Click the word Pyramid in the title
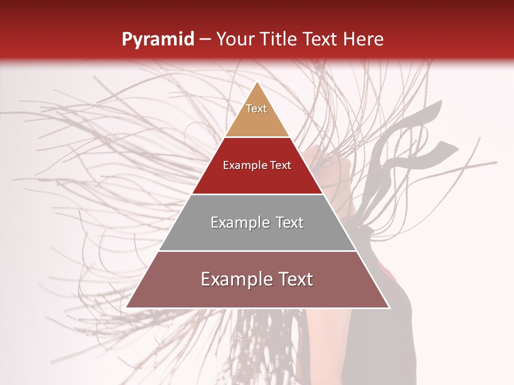pyautogui.click(x=157, y=40)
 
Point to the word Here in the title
pyautogui.click(x=364, y=40)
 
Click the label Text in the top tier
pyautogui.click(x=256, y=109)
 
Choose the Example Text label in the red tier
pyautogui.click(x=257, y=165)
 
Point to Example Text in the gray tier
pyautogui.click(x=257, y=222)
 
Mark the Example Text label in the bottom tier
pyautogui.click(x=257, y=279)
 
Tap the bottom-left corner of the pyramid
pyautogui.click(x=127, y=307)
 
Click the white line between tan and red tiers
pyautogui.click(x=257, y=137)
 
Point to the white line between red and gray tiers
pyautogui.click(x=257, y=194)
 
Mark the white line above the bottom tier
pyautogui.click(x=257, y=251)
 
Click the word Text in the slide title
pyautogui.click(x=320, y=40)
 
